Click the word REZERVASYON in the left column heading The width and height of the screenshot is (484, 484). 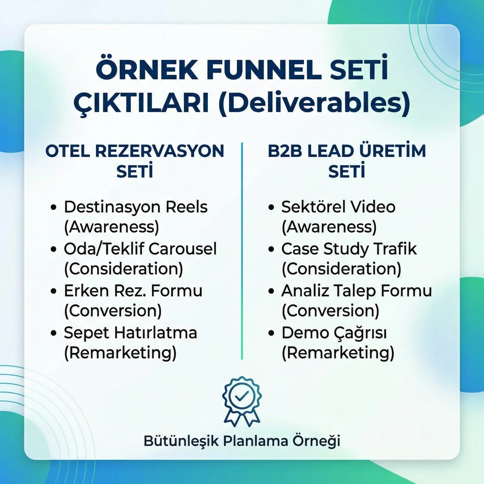(160, 151)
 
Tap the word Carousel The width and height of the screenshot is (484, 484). (183, 249)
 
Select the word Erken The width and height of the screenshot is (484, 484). (86, 291)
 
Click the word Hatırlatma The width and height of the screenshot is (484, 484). (155, 333)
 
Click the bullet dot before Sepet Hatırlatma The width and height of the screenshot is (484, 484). (53, 333)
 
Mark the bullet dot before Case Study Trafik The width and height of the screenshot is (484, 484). (271, 249)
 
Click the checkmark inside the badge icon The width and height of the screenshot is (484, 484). (242, 396)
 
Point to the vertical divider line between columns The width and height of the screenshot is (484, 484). (242, 251)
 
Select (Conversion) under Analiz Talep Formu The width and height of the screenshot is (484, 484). (330, 310)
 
